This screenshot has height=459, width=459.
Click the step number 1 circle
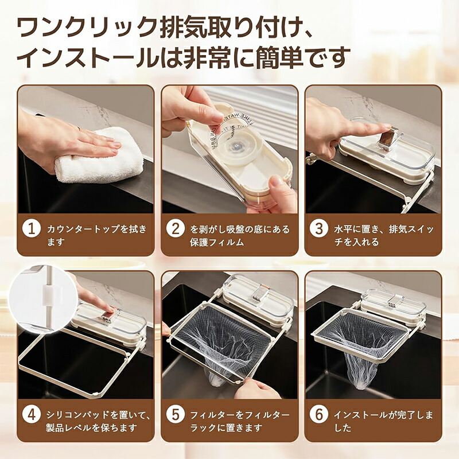point(32,228)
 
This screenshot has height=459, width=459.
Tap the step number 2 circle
point(176,228)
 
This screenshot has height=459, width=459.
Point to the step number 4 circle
point(32,415)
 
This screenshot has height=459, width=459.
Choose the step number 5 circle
point(176,415)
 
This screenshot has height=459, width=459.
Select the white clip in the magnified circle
point(49,295)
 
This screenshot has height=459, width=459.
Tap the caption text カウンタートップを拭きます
point(96,235)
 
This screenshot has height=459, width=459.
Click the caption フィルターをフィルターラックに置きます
point(240,422)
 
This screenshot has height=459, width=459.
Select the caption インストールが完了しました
point(383,422)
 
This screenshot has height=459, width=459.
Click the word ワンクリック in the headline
point(88,27)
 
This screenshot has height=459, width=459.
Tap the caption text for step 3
point(384,235)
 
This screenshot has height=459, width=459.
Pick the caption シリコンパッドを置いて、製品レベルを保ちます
point(99,422)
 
